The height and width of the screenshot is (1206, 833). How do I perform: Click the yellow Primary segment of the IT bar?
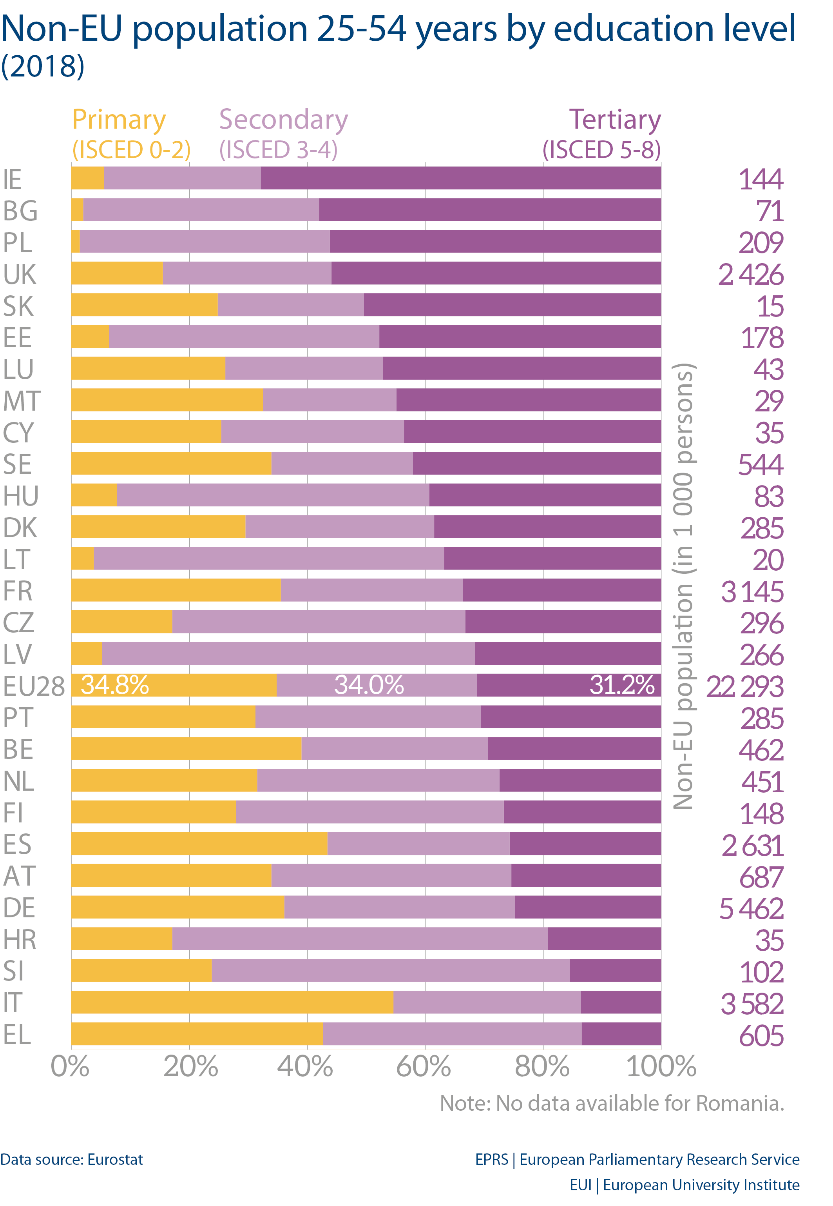pos(232,1002)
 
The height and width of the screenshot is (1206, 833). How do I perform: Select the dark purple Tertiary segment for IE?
pos(460,178)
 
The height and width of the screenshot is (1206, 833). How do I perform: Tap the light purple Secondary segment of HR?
pos(360,939)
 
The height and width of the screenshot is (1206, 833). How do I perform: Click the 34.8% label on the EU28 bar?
pos(115,685)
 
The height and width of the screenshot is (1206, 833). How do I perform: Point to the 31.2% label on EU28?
pos(622,685)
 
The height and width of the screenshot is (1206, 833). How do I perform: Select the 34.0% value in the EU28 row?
pos(369,685)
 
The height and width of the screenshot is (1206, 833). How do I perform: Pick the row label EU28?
pos(33,686)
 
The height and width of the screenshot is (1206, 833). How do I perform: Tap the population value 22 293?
pos(745,686)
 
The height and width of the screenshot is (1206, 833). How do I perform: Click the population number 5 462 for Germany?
pos(751,908)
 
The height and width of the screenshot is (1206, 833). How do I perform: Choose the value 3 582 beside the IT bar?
pos(752,1003)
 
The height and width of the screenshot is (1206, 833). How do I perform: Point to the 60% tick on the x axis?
pos(424,1066)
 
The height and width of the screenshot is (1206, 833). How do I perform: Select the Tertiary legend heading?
pos(615,120)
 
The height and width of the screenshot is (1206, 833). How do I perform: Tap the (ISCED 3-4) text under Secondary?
pos(278,150)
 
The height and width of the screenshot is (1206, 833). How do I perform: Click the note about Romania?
pos(612,1104)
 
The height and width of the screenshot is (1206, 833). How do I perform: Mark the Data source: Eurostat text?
pos(71,1159)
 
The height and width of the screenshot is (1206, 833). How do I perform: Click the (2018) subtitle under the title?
pos(42,66)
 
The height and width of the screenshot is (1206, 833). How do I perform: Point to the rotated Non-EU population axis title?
pos(683,585)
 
